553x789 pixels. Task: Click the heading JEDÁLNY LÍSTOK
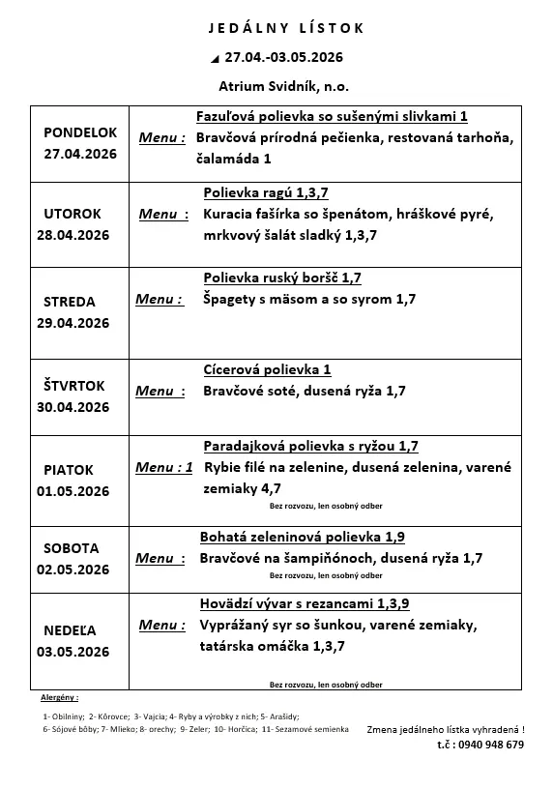tap(287, 28)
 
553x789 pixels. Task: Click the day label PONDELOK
tap(80, 132)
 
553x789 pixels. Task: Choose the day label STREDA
tap(70, 302)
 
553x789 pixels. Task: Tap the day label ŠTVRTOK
tap(73, 386)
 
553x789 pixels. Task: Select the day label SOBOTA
tap(72, 548)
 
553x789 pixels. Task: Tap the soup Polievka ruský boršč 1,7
tap(282, 278)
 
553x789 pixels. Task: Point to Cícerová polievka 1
tap(268, 369)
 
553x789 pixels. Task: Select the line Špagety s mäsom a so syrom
tap(309, 300)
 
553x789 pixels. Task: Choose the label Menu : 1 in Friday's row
tap(163, 467)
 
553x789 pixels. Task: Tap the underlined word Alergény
tap(59, 696)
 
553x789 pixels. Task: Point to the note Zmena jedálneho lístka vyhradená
tap(446, 729)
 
